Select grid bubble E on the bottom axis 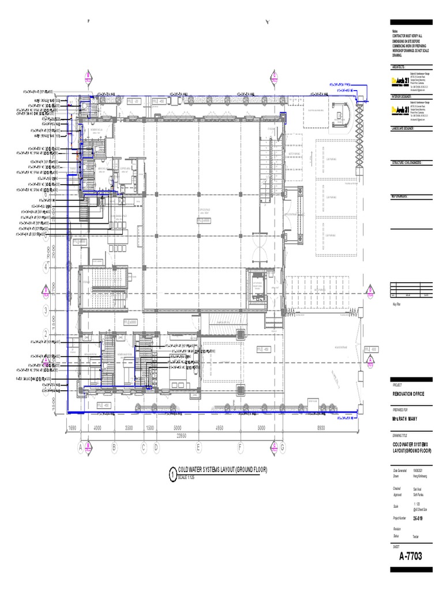[x=198, y=446]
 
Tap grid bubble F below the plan [x=240, y=446]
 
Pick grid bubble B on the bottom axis [x=114, y=446]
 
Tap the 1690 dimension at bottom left [x=73, y=428]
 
